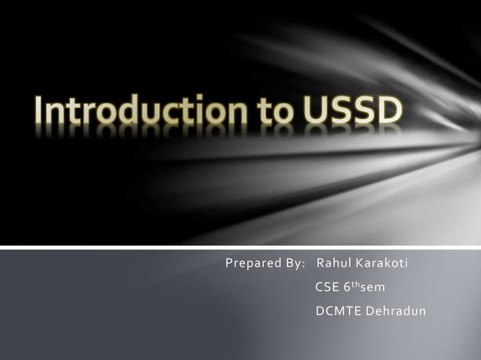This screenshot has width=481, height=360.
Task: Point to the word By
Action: tap(293, 264)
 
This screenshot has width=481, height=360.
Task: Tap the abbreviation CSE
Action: tap(326, 287)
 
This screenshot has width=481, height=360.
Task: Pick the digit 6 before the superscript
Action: tap(348, 287)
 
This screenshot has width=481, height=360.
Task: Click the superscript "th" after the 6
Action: tap(356, 284)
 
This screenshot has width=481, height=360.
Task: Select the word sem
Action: tap(373, 287)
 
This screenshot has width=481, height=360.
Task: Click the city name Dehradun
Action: tap(396, 310)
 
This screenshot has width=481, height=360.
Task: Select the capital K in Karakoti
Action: tap(360, 264)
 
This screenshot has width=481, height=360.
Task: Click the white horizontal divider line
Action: tap(240, 246)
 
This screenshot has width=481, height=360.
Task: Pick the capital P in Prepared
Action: tap(229, 264)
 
